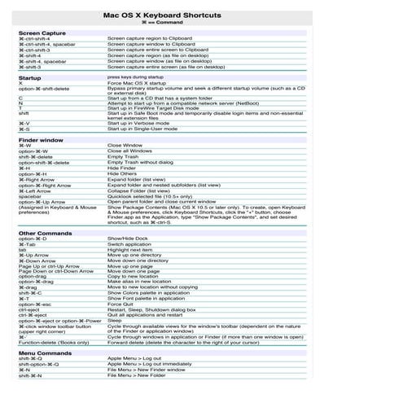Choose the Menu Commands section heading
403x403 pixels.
46,353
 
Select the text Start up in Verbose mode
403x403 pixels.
142,123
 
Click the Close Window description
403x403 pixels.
125,146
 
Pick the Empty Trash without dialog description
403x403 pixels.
143,162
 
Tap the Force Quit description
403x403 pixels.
121,304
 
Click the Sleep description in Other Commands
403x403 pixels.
115,320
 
